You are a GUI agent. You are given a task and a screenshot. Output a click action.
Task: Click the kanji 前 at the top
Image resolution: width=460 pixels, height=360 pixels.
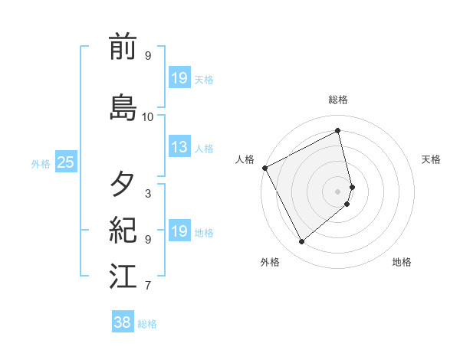[123, 47]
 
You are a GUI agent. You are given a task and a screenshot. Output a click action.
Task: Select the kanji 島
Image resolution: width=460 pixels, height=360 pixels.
[123, 107]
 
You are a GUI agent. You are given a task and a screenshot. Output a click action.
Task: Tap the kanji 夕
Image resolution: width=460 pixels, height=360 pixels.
[123, 184]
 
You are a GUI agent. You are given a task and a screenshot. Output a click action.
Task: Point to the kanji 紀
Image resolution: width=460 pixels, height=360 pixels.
[123, 228]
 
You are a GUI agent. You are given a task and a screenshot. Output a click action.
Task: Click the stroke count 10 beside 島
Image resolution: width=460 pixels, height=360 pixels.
[148, 117]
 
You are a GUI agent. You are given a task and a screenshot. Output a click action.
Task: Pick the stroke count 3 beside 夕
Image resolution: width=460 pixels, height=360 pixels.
[148, 194]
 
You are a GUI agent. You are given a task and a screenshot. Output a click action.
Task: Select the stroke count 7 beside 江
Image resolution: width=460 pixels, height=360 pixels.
[148, 286]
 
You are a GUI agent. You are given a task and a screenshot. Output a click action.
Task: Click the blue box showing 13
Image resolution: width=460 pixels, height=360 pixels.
[179, 148]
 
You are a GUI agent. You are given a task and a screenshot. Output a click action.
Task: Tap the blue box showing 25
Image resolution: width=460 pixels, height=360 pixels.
[65, 162]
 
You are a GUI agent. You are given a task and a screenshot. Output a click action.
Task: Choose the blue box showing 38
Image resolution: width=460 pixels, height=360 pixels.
[123, 322]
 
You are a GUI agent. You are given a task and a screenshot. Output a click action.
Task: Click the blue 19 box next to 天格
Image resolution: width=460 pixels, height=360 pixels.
[179, 78]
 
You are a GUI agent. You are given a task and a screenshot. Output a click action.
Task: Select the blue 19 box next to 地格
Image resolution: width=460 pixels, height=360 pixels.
[179, 232]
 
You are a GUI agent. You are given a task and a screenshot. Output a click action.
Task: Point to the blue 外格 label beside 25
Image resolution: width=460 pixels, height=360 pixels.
[41, 163]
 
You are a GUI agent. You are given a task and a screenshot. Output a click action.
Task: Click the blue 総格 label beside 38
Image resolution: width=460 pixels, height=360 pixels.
[147, 324]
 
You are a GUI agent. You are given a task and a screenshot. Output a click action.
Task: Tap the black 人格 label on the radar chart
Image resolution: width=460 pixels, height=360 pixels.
[245, 159]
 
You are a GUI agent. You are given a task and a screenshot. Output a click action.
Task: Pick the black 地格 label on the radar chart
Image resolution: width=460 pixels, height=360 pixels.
[402, 262]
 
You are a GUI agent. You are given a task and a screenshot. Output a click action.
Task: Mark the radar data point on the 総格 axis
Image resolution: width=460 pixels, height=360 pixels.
[338, 130]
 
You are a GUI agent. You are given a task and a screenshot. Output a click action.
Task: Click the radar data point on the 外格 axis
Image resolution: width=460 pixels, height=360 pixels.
[301, 242]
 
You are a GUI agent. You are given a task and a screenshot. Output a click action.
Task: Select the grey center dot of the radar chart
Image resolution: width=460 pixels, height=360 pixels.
[338, 191]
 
